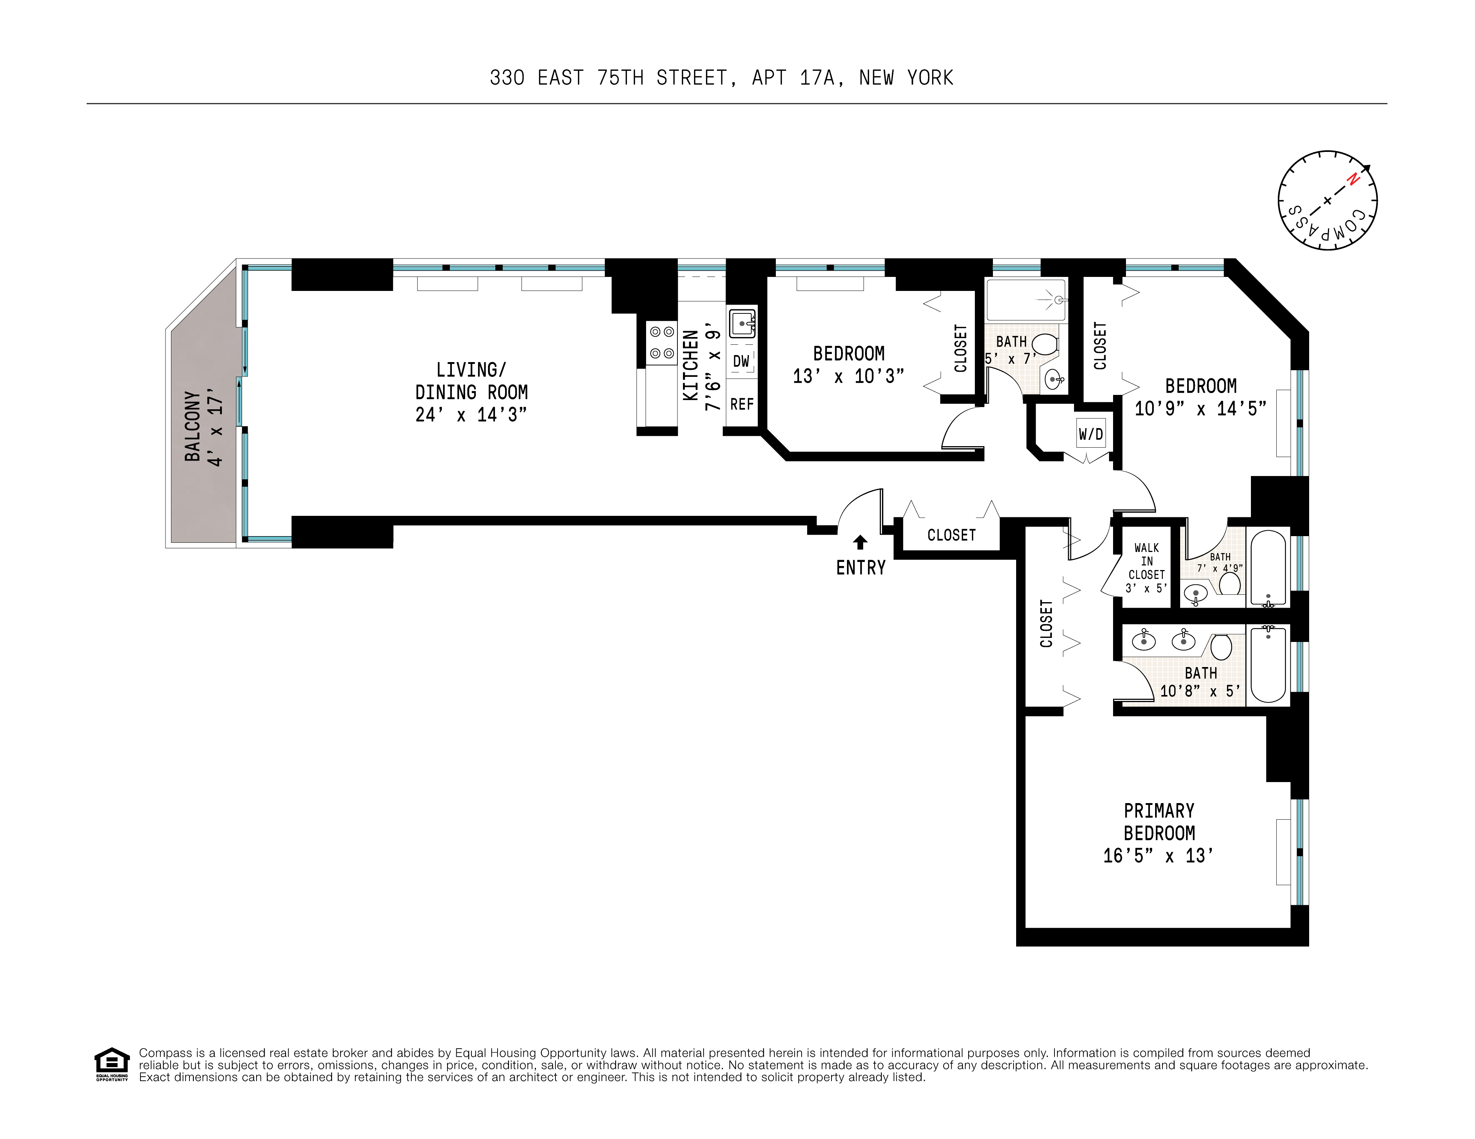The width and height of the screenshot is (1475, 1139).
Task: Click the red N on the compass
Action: (x=1353, y=179)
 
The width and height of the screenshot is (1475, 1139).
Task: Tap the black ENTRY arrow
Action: (x=860, y=542)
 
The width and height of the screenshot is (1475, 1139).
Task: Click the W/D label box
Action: (x=1091, y=434)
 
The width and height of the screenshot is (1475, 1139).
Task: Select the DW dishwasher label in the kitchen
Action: (x=741, y=361)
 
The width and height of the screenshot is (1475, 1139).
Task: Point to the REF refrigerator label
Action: (x=742, y=404)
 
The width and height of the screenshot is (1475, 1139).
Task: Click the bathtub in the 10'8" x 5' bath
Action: (x=1267, y=664)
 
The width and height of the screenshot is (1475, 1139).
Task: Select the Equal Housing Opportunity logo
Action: (x=111, y=1064)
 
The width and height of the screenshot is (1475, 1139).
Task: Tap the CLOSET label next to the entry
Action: (x=951, y=535)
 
